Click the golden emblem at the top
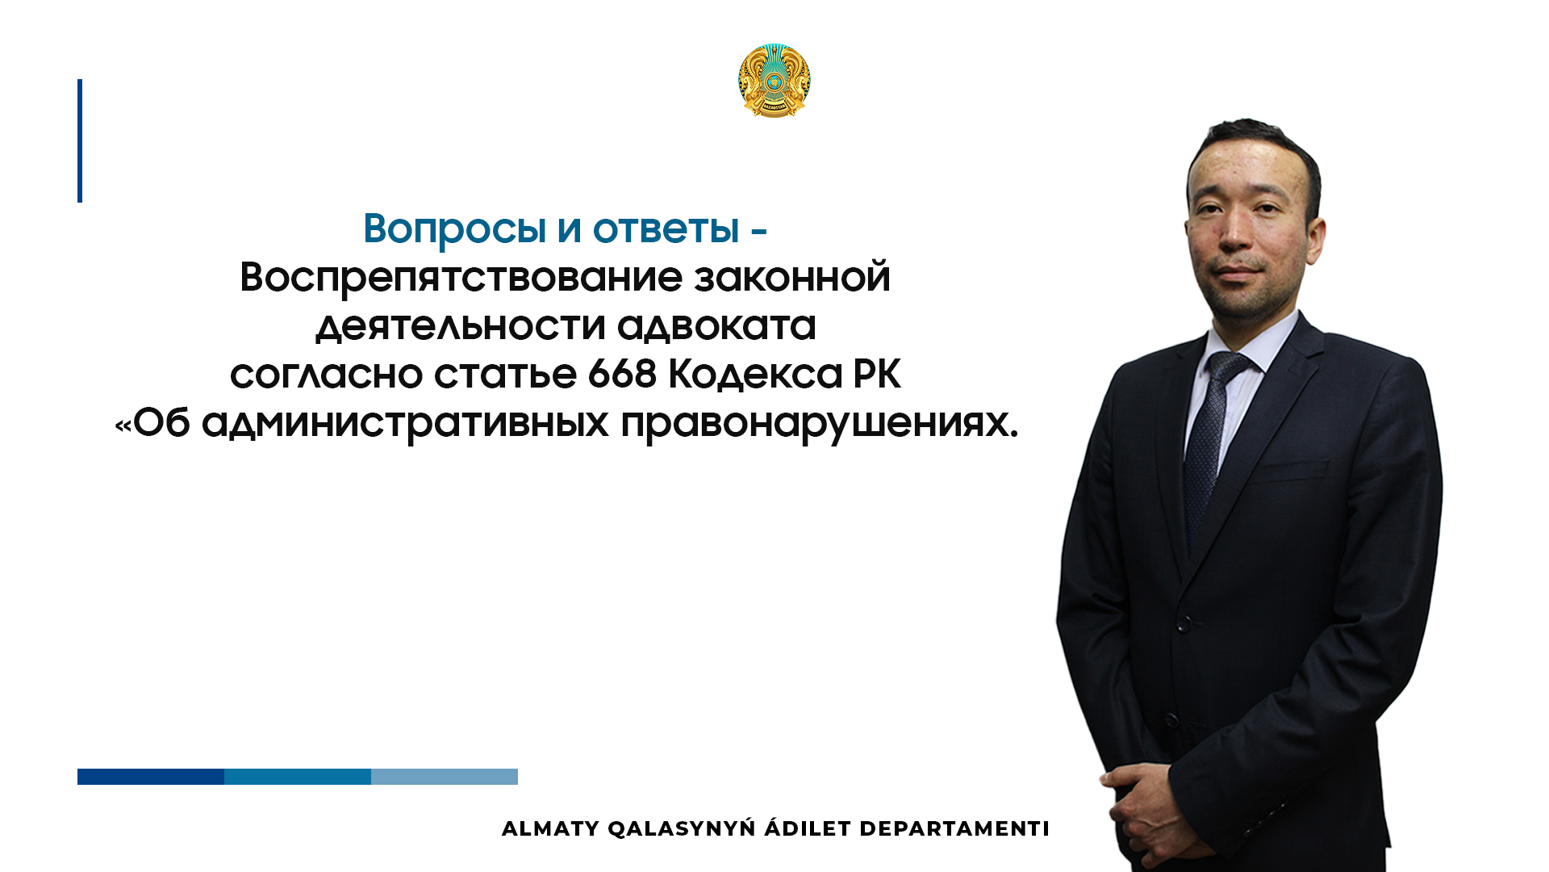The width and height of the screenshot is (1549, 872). tap(774, 81)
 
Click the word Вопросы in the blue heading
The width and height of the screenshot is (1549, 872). tap(454, 229)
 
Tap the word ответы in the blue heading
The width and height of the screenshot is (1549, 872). tap(666, 228)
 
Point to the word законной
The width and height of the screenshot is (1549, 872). tap(792, 277)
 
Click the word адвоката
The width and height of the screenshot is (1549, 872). tap(716, 326)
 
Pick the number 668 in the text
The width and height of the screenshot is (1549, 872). tap(622, 374)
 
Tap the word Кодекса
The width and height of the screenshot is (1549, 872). tap(755, 375)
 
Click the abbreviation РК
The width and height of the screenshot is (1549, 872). tap(877, 374)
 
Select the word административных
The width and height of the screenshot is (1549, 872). tap(405, 423)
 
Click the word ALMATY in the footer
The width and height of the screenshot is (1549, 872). tap(550, 829)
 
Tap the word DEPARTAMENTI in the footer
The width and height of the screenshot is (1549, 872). tap(954, 829)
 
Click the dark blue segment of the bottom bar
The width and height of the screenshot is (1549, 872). tap(151, 777)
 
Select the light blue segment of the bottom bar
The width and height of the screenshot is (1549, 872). tap(445, 777)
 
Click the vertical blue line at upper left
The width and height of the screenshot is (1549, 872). tap(80, 140)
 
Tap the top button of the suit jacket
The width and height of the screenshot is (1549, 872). tap(1184, 623)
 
